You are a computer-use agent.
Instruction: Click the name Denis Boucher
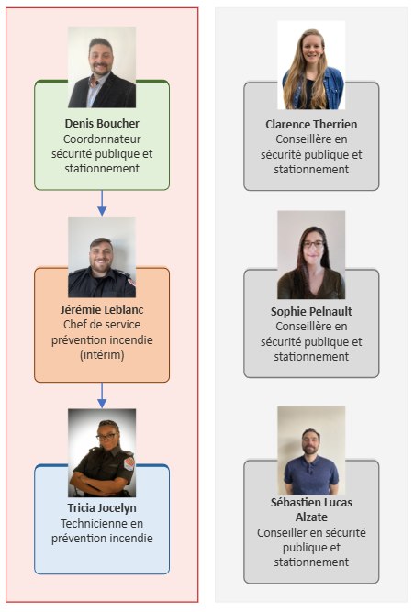[x=102, y=123]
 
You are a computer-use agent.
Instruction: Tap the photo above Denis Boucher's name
[x=102, y=67]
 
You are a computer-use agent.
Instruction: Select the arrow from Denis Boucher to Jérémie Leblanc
[x=102, y=203]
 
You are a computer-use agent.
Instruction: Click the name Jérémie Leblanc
[x=102, y=310]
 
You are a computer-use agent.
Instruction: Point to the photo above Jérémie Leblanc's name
[x=102, y=257]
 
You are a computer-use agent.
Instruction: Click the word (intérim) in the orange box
[x=102, y=355]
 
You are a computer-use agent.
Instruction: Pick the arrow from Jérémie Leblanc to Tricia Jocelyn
[x=102, y=395]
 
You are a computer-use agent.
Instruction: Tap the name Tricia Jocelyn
[x=102, y=507]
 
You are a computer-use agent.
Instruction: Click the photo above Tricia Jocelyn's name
[x=102, y=452]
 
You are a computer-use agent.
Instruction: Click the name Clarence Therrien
[x=311, y=124]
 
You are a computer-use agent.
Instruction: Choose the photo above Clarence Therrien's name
[x=311, y=65]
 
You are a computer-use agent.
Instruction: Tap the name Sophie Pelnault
[x=311, y=311]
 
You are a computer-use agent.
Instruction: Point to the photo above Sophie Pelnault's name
[x=311, y=255]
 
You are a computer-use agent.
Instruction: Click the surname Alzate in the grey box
[x=311, y=517]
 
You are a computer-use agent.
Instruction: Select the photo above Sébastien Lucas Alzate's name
[x=311, y=451]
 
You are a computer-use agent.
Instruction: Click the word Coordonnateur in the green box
[x=102, y=139]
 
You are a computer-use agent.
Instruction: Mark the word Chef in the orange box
[x=73, y=324]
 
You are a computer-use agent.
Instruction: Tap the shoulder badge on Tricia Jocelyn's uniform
[x=129, y=463]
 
